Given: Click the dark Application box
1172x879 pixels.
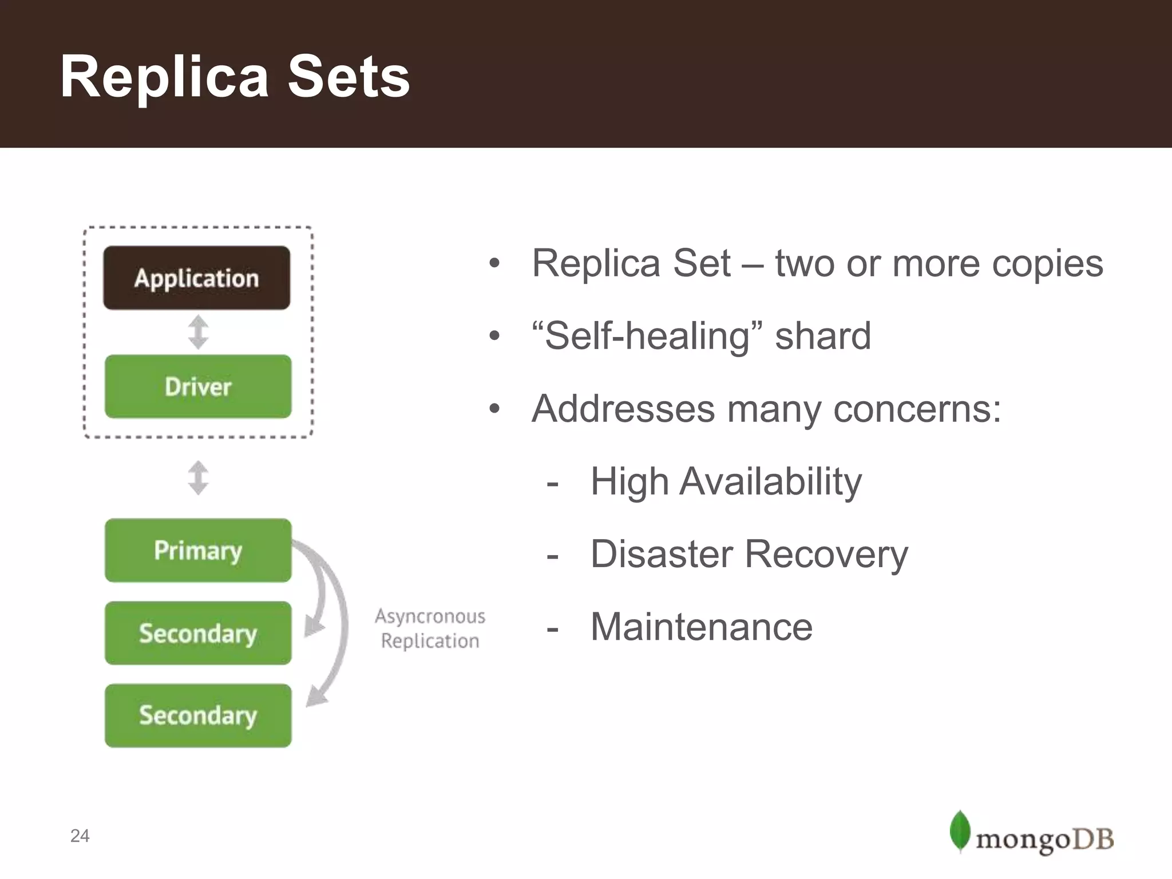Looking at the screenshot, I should tap(196, 278).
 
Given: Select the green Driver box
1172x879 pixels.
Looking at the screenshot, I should tap(198, 386).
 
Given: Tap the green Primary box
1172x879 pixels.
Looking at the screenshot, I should tap(198, 551).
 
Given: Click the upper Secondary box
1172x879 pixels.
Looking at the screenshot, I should tap(198, 633).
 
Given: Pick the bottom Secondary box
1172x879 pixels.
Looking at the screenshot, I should tap(198, 715).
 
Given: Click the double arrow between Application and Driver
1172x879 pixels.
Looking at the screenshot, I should tap(198, 332).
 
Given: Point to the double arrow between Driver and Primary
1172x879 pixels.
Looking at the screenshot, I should tap(198, 478).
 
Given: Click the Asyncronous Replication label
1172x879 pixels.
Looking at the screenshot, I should tap(430, 628).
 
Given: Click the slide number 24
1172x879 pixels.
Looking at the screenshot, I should tap(80, 836).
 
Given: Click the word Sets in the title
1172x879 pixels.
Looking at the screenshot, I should tap(349, 77).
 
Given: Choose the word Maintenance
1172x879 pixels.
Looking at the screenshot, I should tap(701, 627).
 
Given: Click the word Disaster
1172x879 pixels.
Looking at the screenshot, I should tap(662, 554).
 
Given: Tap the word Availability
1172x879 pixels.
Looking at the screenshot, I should tap(770, 482).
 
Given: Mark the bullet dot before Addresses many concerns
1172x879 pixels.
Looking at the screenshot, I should tap(494, 409).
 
